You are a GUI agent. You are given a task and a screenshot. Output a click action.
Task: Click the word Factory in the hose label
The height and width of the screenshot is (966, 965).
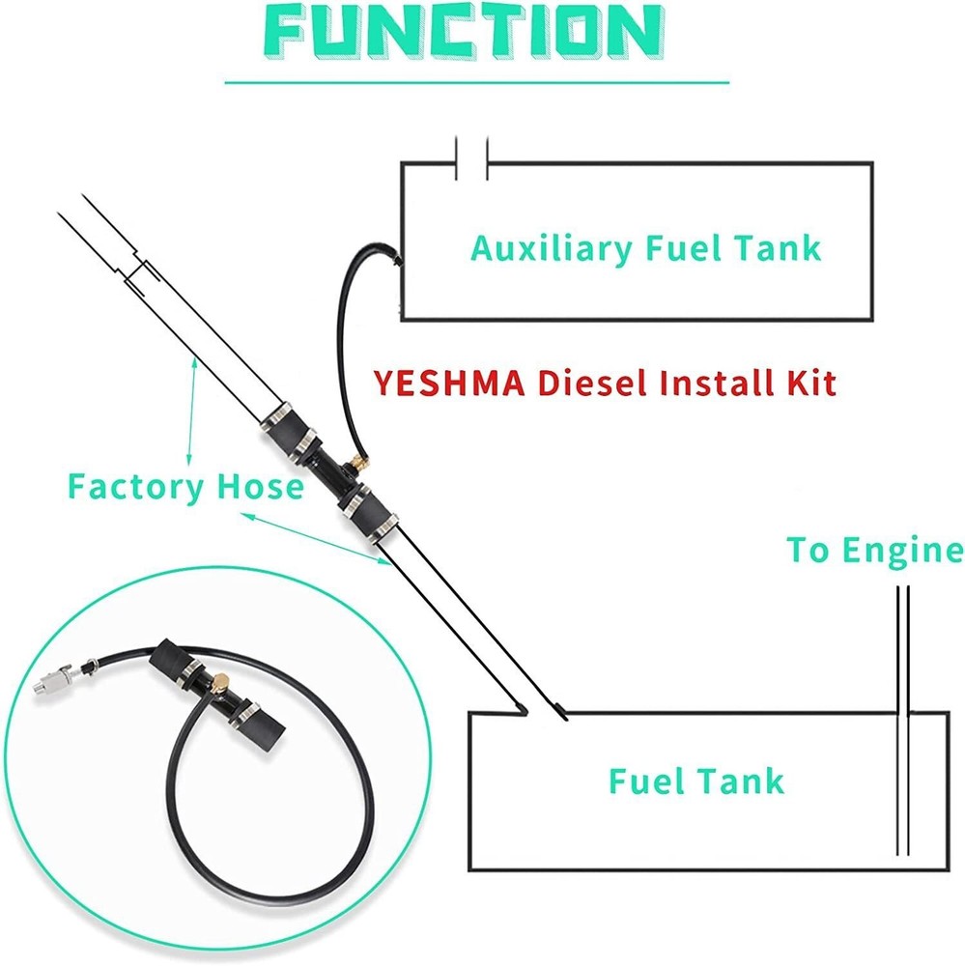pos(132,486)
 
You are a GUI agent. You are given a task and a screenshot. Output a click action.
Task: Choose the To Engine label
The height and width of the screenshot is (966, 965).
pos(873,551)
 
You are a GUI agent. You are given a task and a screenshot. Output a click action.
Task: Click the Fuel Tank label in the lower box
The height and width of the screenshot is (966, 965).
pos(695,781)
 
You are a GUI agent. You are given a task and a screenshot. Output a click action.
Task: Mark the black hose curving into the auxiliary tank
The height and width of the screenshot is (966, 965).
pos(344,319)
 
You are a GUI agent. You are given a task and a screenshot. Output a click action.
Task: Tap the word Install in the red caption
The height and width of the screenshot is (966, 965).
pos(713,384)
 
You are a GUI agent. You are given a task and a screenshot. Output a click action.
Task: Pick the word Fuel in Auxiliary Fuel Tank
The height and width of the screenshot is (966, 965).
pos(686,248)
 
